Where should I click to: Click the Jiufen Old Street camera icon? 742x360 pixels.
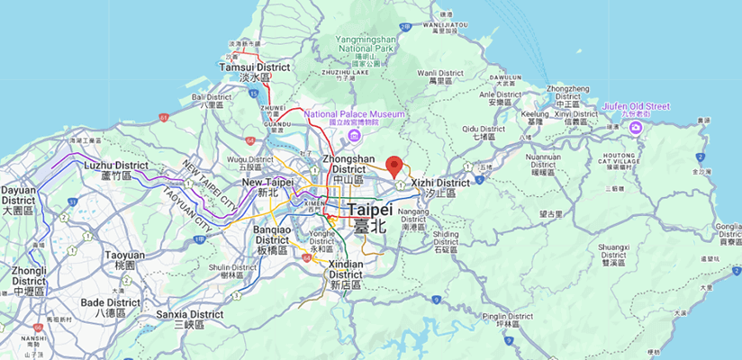click(637, 129)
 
